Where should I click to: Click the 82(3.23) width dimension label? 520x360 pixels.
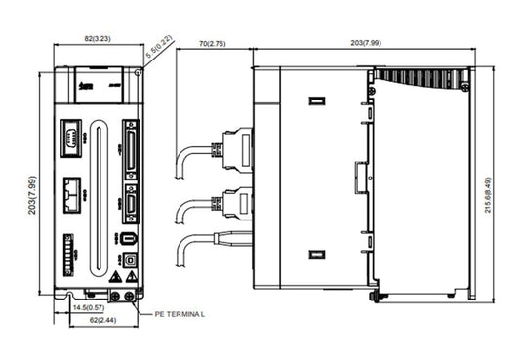pyautogui.click(x=97, y=38)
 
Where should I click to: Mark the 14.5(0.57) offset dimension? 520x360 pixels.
pyautogui.click(x=90, y=308)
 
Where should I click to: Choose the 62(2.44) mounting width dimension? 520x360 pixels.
pyautogui.click(x=97, y=320)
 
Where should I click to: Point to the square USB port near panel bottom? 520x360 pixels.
pyautogui.click(x=130, y=261)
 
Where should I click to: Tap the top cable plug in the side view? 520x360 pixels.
pyautogui.click(x=236, y=149)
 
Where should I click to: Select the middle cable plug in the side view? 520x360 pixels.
pyautogui.click(x=236, y=203)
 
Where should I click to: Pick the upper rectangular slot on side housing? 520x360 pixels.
pyautogui.click(x=315, y=100)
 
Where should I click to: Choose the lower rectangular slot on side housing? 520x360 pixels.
pyautogui.click(x=315, y=255)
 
